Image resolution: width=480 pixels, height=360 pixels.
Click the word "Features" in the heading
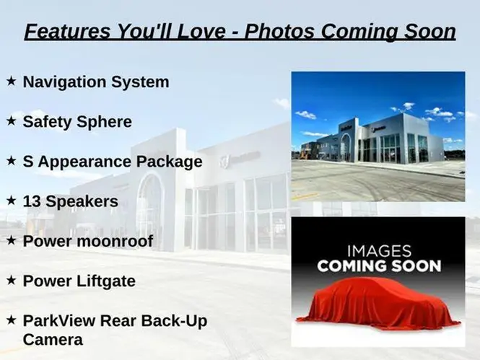67,31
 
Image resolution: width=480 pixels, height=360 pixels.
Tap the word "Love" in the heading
201,31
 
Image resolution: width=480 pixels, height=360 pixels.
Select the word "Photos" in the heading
279,31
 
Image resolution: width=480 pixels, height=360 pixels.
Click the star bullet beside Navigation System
11,81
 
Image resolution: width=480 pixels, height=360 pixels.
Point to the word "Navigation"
64,82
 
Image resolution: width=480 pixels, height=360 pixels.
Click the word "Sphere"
105,122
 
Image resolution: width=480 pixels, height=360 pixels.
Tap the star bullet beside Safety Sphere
11,120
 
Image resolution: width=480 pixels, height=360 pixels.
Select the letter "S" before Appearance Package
28,161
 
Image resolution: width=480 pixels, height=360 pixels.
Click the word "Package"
170,162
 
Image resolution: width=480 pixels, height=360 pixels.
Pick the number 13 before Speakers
32,201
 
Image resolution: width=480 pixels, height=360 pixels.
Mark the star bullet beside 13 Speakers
11,201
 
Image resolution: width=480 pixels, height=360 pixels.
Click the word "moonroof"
115,241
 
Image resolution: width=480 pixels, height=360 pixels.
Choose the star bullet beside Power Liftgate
11,280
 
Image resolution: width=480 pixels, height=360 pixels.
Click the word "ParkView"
60,321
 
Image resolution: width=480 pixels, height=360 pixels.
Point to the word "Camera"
53,340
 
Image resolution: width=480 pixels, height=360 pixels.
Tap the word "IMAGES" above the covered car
379,251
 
